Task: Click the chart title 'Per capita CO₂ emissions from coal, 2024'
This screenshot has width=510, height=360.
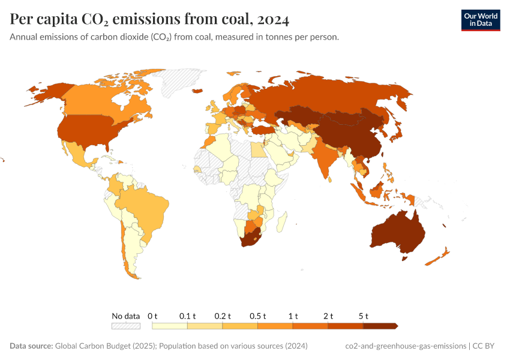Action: [x=149, y=20]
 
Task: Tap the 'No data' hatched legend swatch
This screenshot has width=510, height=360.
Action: [x=125, y=326]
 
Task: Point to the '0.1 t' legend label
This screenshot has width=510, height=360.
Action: [x=187, y=316]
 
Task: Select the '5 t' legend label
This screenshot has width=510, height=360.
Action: [x=363, y=316]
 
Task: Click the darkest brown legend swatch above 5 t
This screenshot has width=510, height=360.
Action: [x=380, y=326]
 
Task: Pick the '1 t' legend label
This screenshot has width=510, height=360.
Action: [x=293, y=316]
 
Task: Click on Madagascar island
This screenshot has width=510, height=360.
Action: [x=280, y=224]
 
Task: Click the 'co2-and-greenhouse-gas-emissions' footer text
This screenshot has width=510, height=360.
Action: [x=406, y=346]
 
